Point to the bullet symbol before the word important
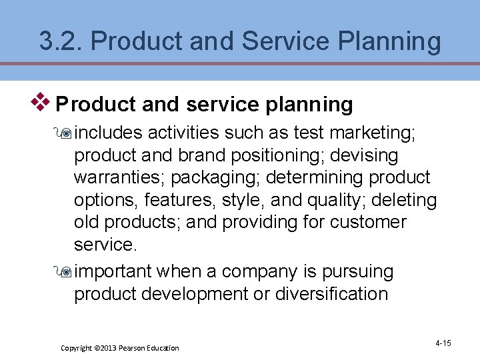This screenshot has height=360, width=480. point(66,272)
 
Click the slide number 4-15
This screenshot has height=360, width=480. point(443,343)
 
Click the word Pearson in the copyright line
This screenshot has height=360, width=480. point(135,348)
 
